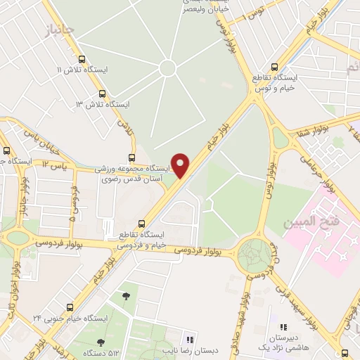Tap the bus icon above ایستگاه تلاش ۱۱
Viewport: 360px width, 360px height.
pyautogui.click(x=82, y=60)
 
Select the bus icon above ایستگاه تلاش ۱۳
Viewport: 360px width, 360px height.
pyautogui.click(x=103, y=94)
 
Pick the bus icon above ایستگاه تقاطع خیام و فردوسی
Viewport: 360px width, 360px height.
pyautogui.click(x=143, y=222)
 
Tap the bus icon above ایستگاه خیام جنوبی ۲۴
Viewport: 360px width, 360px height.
pyautogui.click(x=69, y=307)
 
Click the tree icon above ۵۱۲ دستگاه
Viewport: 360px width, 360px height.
pyautogui.click(x=101, y=342)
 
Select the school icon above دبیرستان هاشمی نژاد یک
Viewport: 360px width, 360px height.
pyautogui.click(x=283, y=328)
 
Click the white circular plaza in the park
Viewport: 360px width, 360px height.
pyautogui.click(x=167, y=68)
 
